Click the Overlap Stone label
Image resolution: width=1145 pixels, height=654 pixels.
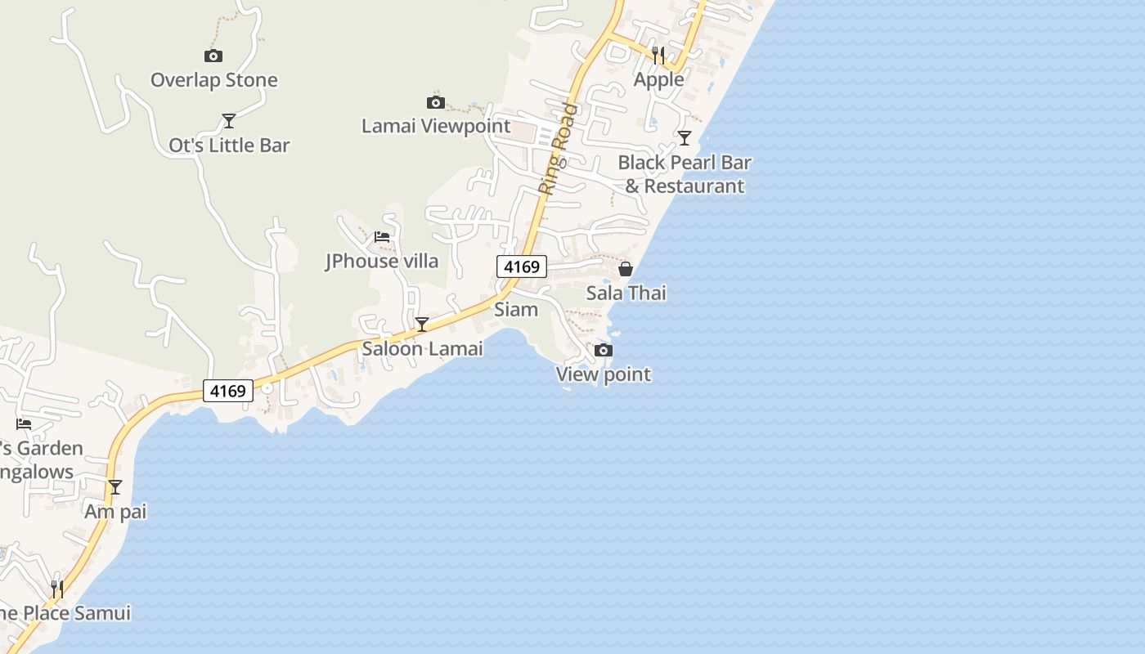pyautogui.click(x=213, y=80)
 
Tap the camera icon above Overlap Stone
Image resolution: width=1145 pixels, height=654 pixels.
pyautogui.click(x=213, y=56)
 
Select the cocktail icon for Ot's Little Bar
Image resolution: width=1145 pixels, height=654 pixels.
pyautogui.click(x=229, y=121)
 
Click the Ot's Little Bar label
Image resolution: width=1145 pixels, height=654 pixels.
pyautogui.click(x=229, y=146)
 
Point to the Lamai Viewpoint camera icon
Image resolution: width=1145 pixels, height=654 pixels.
pyautogui.click(x=436, y=102)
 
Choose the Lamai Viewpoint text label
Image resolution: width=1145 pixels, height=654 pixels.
pyautogui.click(x=436, y=126)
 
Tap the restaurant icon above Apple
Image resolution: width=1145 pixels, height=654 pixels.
pyautogui.click(x=658, y=55)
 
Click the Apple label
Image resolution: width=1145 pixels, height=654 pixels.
pyautogui.click(x=658, y=79)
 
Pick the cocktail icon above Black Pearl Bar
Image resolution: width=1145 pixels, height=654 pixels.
pyautogui.click(x=685, y=137)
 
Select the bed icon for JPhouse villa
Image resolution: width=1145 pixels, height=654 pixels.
pyautogui.click(x=382, y=237)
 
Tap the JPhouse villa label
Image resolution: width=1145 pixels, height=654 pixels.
pyautogui.click(x=382, y=262)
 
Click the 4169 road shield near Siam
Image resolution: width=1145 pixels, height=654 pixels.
pyautogui.click(x=522, y=267)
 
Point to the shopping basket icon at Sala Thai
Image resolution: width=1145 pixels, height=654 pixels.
pyautogui.click(x=626, y=269)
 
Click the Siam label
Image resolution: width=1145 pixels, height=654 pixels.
pyautogui.click(x=516, y=310)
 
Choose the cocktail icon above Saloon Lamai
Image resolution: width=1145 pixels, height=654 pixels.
pyautogui.click(x=422, y=325)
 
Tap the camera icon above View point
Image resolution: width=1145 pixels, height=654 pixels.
pyautogui.click(x=604, y=351)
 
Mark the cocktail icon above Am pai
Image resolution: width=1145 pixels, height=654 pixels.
pyautogui.click(x=115, y=487)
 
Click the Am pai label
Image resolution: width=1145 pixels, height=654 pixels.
pyautogui.click(x=115, y=512)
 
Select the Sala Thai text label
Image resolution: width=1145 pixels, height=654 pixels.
pyautogui.click(x=626, y=293)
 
